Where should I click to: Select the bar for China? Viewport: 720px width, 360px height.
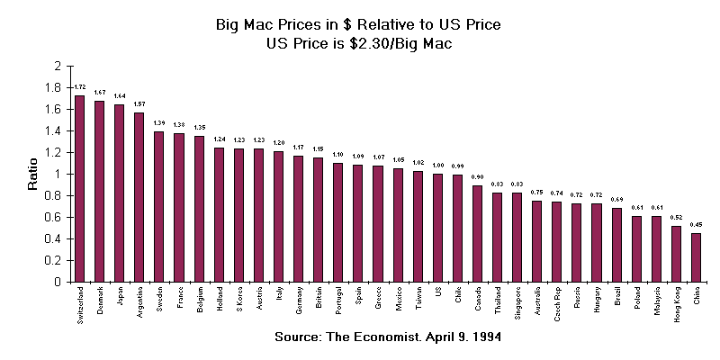[696, 257]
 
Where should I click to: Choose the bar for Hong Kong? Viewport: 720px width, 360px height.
[676, 254]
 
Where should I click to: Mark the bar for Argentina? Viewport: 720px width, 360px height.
[139, 197]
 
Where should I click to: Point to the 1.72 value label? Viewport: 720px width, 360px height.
[79, 86]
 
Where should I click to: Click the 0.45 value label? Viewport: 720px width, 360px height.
[696, 224]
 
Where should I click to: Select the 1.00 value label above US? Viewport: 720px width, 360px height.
[437, 165]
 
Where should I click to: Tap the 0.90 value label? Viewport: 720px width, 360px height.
[477, 176]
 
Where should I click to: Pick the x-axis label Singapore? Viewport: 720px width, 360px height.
[517, 305]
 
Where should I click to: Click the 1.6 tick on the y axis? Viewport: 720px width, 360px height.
[56, 109]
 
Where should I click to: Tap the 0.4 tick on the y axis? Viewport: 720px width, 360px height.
[56, 238]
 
